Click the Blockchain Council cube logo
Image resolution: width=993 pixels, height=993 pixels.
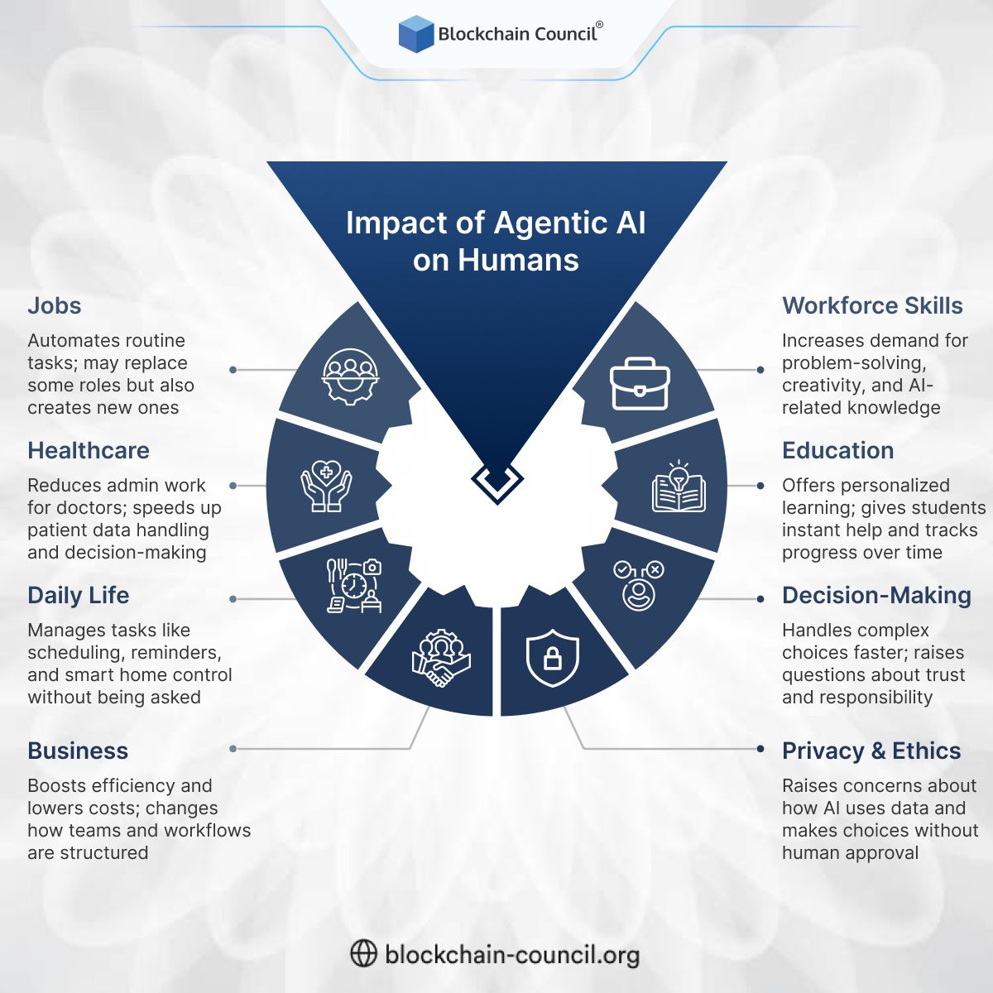pos(415,34)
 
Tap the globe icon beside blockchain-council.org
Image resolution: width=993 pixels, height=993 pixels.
pos(363,954)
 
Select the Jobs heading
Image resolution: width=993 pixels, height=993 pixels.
pos(55,306)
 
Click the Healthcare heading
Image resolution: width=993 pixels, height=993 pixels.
pos(89,451)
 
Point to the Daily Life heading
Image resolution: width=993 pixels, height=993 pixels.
pos(79,596)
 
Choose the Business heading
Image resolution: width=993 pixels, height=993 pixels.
pos(78,751)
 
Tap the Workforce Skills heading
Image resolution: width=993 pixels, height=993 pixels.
pos(872,306)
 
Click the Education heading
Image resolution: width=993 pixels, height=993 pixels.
pos(837,451)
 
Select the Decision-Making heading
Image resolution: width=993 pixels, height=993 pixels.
pos(876,596)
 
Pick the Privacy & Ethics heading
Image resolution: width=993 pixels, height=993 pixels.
pos(871,751)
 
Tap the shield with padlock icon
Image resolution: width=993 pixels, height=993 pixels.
pos(553,658)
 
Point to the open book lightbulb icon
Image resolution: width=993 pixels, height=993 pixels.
pos(679,487)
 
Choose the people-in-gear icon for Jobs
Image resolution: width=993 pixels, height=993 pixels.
pos(350,376)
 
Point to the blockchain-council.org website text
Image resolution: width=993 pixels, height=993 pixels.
pos(512,955)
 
